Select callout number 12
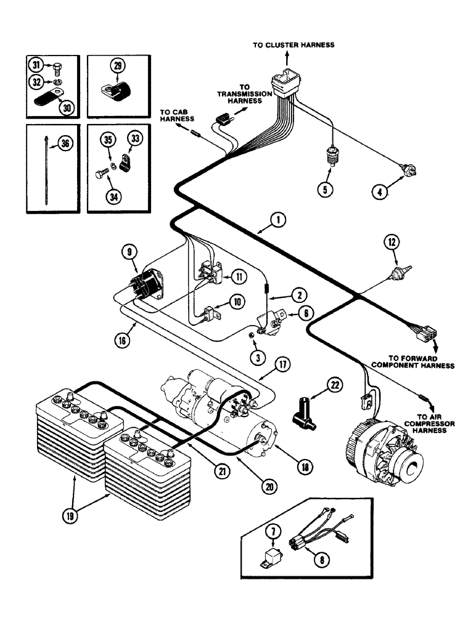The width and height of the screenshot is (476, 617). point(391,241)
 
